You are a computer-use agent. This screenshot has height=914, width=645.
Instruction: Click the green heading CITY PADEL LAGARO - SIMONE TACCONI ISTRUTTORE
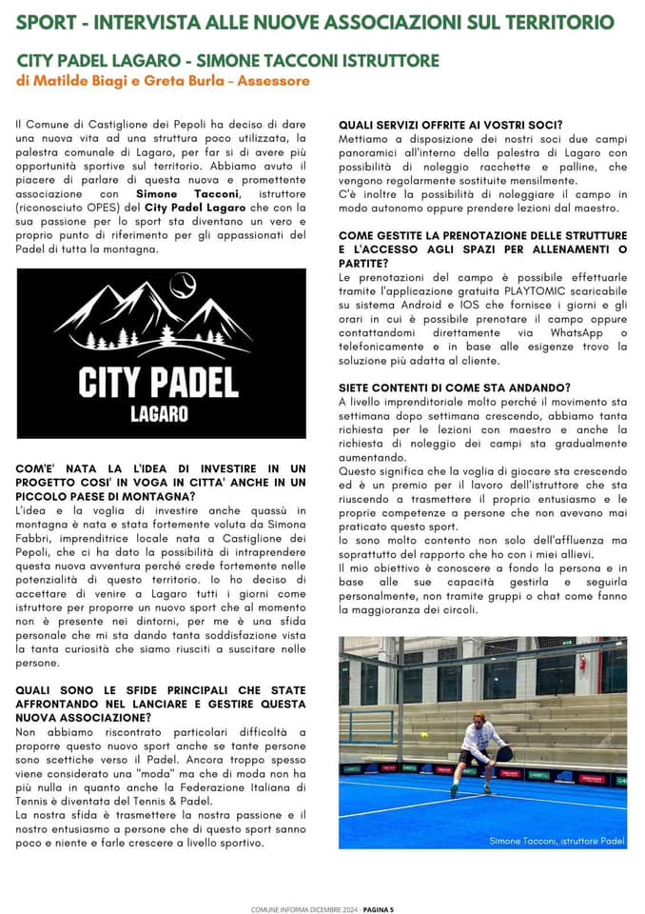228,60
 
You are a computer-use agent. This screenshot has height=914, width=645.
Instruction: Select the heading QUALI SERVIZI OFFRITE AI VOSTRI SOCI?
451,124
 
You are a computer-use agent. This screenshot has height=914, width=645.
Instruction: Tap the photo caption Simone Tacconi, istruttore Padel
557,841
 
